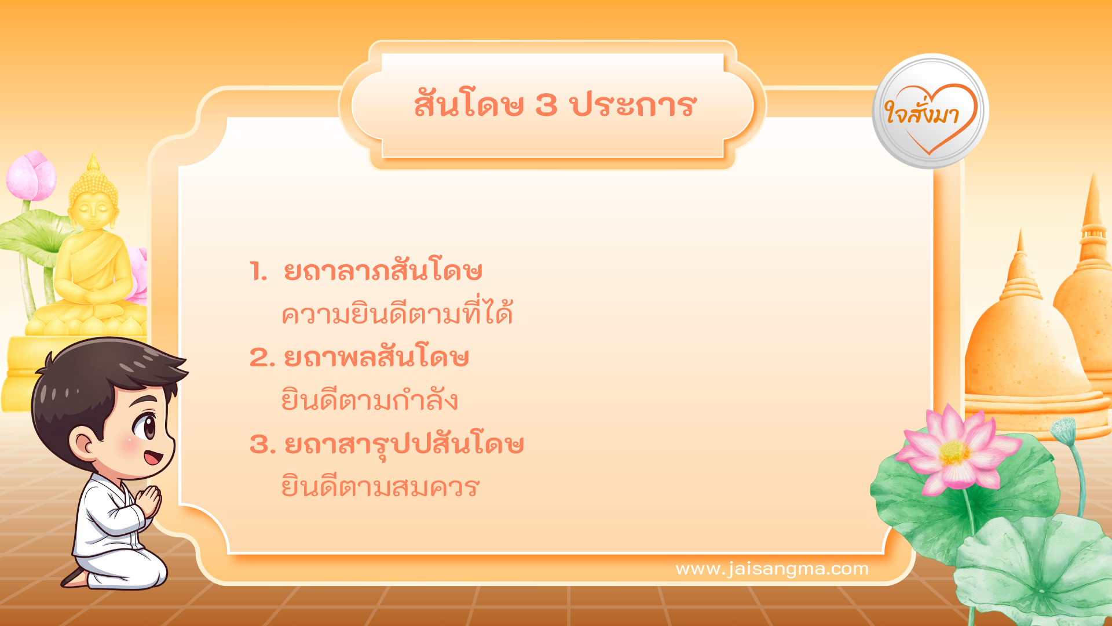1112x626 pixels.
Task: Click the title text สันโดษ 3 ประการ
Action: [x=555, y=105]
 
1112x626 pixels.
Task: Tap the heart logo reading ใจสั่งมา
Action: [x=930, y=112]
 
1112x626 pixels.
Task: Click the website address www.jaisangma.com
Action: [x=771, y=569]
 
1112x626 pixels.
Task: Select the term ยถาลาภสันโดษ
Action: [x=383, y=271]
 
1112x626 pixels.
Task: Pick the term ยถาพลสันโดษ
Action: [x=376, y=357]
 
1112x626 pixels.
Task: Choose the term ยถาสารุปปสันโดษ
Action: [x=404, y=445]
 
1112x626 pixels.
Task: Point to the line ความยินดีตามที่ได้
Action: [x=397, y=314]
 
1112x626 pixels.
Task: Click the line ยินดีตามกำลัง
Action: [x=370, y=401]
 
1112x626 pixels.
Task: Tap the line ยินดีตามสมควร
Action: [x=380, y=487]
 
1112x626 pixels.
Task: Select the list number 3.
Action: [x=261, y=445]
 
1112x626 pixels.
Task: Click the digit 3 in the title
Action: [x=546, y=105]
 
